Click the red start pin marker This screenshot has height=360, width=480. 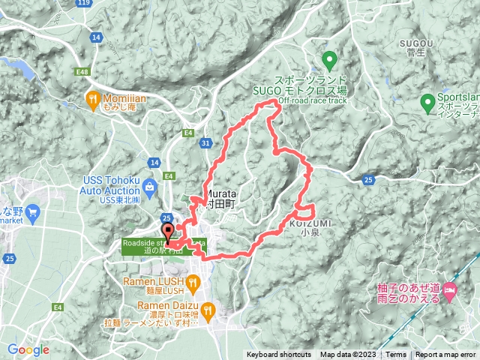(167, 231)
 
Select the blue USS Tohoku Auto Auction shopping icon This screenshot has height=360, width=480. (151, 185)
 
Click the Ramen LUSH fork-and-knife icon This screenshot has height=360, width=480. (193, 282)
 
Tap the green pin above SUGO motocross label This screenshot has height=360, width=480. (329, 59)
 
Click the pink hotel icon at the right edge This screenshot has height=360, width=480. (450, 289)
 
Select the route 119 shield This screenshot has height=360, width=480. (85, 3)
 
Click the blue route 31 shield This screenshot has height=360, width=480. (205, 142)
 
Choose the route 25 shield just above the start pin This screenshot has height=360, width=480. (165, 217)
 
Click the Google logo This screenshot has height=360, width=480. (28, 349)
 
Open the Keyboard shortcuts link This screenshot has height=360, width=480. (278, 355)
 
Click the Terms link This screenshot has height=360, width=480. (396, 355)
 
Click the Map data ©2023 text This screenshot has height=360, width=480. (348, 355)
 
